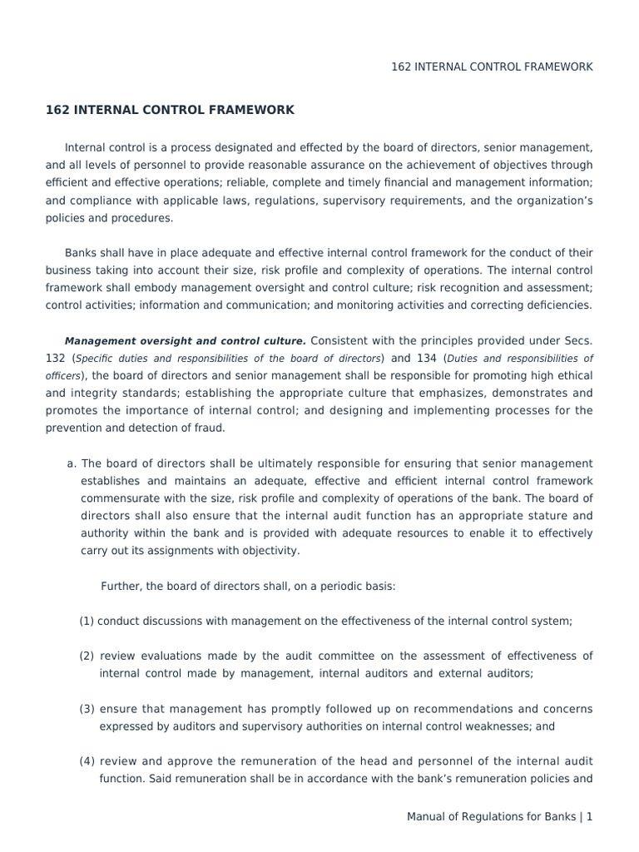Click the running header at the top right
point(492,67)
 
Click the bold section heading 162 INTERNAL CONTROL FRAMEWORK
point(170,110)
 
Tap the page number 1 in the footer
point(589,817)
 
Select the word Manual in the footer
point(427,817)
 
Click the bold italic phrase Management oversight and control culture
point(185,341)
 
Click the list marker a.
point(72,463)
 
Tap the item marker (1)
point(87,621)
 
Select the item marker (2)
point(87,656)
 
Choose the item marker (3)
point(87,709)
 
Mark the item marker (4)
point(87,761)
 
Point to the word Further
point(121,586)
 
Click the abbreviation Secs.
point(579,341)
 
